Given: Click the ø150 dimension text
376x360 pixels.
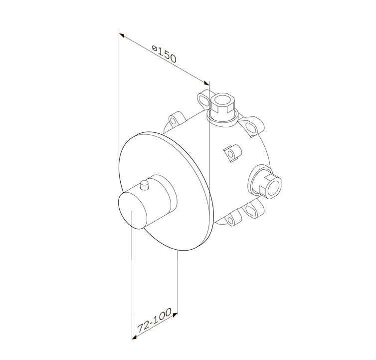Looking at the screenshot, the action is coord(164,54).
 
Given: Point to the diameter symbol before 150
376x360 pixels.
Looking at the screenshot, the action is coord(155,49).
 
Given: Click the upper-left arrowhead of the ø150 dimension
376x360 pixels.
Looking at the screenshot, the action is coord(122,36).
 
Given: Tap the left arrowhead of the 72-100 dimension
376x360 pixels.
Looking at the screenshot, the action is coord(135,338).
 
